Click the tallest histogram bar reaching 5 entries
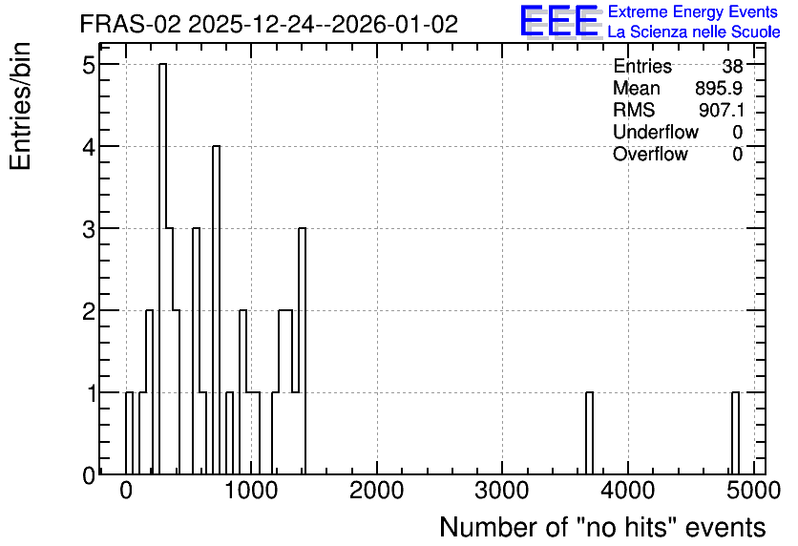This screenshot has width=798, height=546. click(163, 268)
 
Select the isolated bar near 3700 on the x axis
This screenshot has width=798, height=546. click(589, 433)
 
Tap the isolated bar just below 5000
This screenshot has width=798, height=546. click(735, 433)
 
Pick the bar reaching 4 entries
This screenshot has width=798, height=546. click(217, 310)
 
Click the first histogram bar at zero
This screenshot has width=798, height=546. click(129, 433)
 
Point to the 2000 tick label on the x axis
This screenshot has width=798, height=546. click(377, 491)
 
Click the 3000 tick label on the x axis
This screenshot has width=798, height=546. click(502, 491)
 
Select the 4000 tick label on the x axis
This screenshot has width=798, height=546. click(627, 491)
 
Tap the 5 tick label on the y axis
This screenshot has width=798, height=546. click(90, 64)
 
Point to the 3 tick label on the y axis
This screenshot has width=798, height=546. click(90, 228)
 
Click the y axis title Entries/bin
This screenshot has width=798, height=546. click(21, 106)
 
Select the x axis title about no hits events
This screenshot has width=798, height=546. click(602, 527)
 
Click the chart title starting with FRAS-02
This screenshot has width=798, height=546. click(269, 24)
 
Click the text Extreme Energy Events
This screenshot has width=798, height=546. click(693, 11)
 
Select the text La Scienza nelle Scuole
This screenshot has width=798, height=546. click(694, 31)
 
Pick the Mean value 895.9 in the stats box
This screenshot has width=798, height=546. click(719, 88)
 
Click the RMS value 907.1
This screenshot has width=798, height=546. click(721, 110)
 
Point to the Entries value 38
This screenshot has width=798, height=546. click(732, 66)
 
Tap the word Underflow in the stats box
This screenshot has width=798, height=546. click(656, 132)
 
